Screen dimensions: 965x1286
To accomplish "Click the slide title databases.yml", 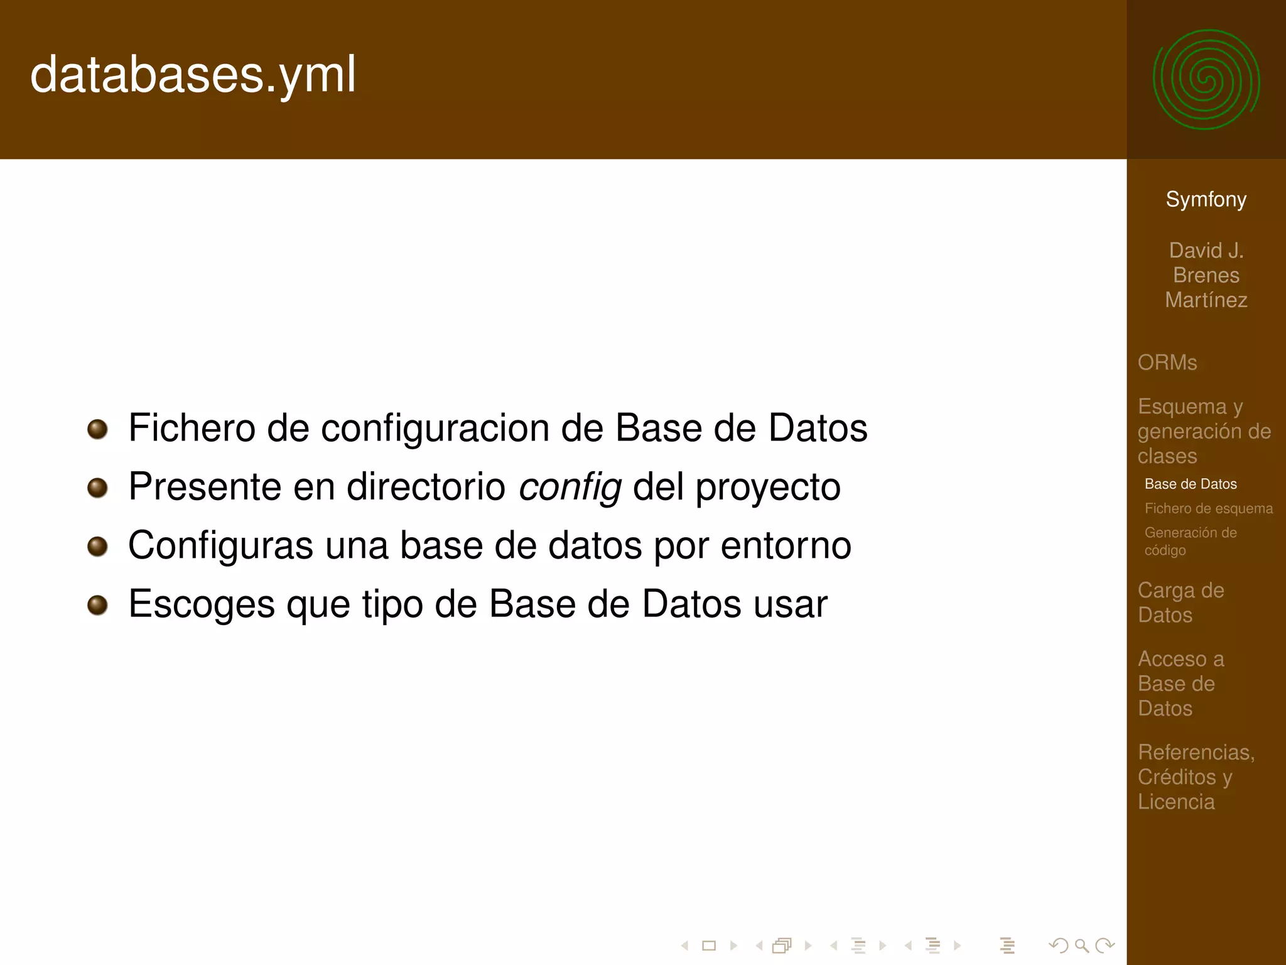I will tap(193, 75).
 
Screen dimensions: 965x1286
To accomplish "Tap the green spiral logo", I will tap(1206, 80).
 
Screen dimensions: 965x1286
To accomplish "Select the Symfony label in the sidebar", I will tap(1206, 199).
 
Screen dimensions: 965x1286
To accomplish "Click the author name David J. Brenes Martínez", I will tap(1206, 275).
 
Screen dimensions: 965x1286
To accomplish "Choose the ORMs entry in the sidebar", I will tap(1167, 363).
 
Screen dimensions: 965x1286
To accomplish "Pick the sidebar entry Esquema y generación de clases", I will tap(1204, 431).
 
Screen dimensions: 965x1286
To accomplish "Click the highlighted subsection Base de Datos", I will tap(1190, 484).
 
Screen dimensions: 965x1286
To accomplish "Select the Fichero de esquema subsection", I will tap(1208, 508).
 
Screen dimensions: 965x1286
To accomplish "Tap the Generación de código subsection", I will tap(1190, 541).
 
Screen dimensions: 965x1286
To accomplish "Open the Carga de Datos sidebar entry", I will tap(1181, 602).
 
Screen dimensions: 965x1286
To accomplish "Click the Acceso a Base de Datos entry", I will tap(1181, 684).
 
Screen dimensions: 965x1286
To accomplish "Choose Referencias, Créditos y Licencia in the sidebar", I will tap(1196, 777).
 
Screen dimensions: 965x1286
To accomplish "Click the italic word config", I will tap(570, 487).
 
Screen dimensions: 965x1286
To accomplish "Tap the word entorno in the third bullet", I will tap(786, 545).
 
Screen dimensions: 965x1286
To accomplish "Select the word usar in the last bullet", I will tap(790, 604).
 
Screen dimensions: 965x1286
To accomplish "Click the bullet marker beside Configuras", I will tap(97, 546).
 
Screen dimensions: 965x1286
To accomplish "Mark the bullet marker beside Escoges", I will tap(97, 605).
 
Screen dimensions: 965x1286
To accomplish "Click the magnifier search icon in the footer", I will tap(1081, 946).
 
